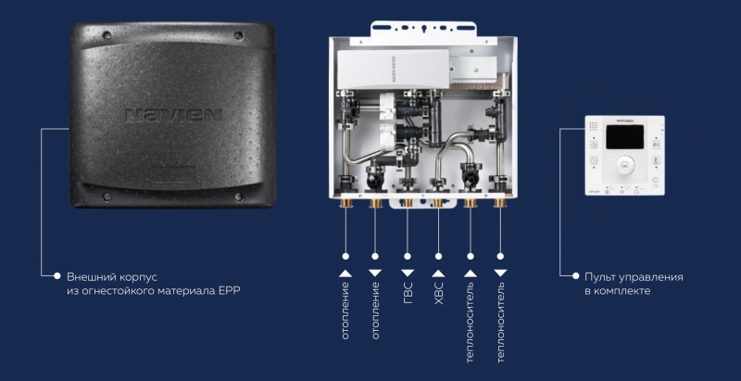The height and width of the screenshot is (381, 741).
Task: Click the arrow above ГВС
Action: pos(408,273)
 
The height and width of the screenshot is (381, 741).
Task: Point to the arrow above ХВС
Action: pos(439,273)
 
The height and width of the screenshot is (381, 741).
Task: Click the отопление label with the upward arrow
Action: pos(345,315)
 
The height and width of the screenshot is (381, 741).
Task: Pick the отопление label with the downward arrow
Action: pos(376,315)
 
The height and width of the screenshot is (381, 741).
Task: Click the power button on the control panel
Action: pos(655,180)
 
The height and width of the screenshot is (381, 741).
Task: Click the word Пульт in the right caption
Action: pos(601,276)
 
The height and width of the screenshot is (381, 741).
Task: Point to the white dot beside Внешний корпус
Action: pos(57,276)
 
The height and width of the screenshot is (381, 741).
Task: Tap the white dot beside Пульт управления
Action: pos(573,276)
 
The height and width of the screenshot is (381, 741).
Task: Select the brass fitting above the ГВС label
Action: pos(408,201)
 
